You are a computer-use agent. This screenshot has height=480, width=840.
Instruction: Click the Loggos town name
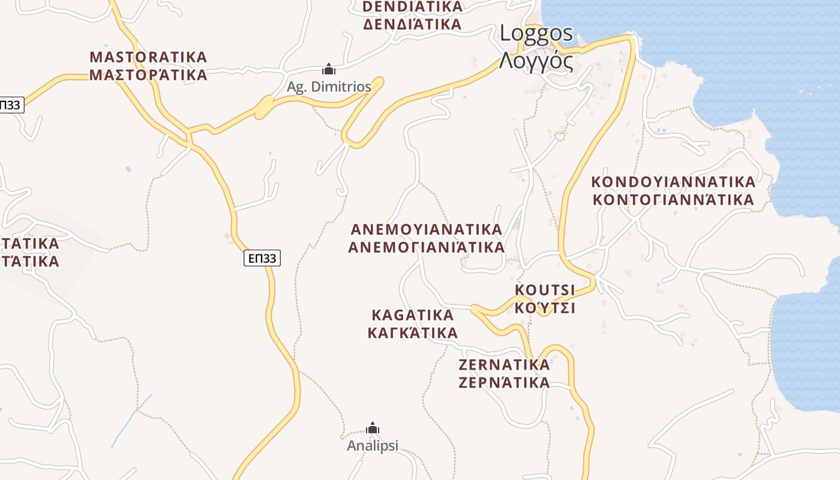click(536, 34)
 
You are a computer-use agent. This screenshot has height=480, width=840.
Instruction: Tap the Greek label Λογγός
click(536, 61)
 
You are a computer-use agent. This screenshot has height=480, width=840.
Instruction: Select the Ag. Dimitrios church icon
click(328, 69)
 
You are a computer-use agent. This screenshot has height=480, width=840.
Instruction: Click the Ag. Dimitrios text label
click(329, 86)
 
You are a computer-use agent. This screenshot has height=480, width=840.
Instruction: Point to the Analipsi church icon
click(373, 428)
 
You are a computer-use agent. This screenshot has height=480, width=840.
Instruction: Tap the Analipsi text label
click(373, 446)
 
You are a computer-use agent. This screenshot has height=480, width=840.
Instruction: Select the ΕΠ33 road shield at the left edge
click(10, 105)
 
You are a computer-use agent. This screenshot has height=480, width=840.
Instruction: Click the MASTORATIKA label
click(148, 57)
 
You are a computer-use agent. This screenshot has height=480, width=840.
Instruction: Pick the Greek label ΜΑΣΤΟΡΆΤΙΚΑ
click(148, 75)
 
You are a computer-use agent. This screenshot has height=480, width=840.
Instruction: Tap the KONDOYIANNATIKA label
click(673, 181)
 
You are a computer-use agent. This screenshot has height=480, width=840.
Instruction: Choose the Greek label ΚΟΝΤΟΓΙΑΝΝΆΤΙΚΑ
click(673, 199)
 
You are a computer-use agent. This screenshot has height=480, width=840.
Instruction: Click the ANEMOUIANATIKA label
click(426, 229)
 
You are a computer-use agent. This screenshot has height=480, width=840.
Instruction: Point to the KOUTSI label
click(545, 290)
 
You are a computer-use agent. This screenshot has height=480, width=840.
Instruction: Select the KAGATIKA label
click(413, 315)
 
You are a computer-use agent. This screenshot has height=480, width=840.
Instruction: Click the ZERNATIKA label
click(504, 365)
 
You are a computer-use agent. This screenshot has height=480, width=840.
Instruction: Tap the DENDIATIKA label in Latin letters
click(413, 7)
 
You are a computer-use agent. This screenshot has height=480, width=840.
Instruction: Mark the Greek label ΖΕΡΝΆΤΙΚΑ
click(504, 383)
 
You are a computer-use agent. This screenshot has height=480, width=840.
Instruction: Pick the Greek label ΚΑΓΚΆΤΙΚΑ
click(413, 333)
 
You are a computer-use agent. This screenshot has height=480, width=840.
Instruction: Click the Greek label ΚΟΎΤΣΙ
click(545, 308)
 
